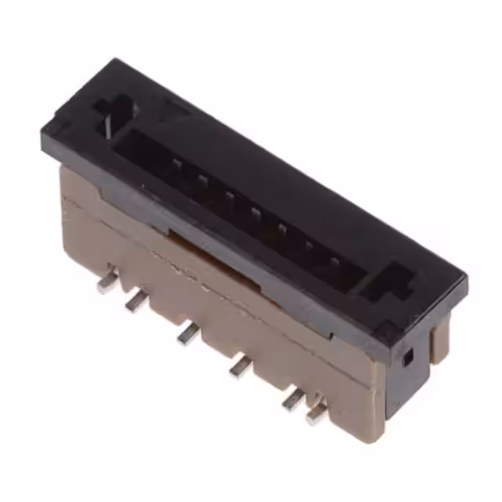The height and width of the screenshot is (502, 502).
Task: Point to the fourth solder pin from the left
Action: (240, 364)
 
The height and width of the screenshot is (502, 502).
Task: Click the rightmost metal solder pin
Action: (317, 413)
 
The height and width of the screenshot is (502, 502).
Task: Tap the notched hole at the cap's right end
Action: (391, 283)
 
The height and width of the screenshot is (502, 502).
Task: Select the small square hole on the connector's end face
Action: (407, 359)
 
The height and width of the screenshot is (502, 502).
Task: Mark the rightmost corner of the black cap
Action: (467, 279)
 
